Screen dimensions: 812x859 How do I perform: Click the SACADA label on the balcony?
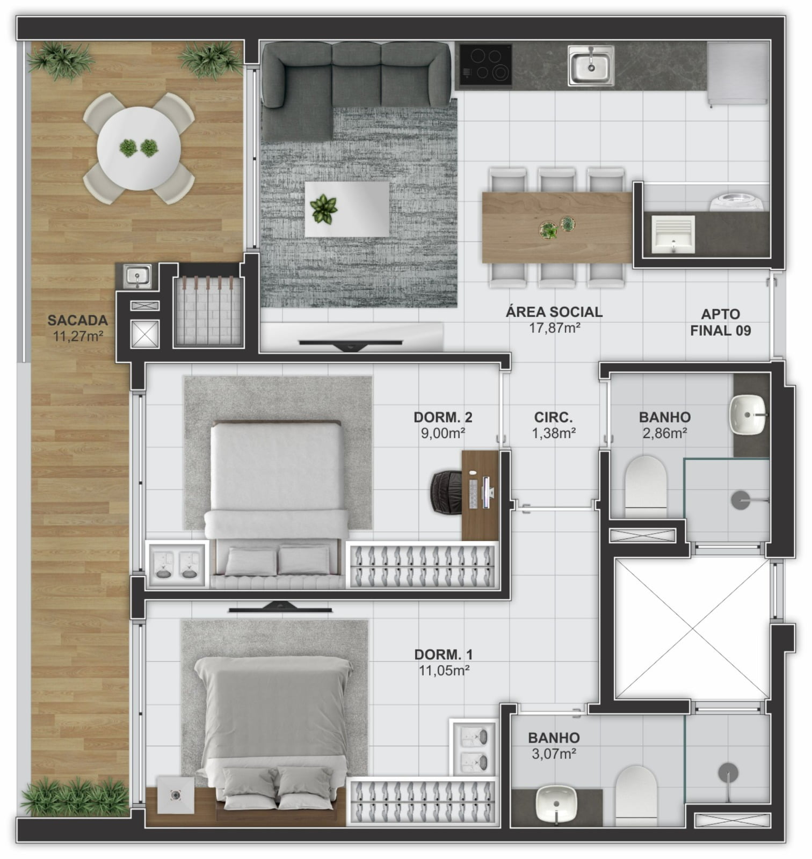click(x=77, y=321)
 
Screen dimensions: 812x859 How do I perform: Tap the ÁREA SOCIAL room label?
click(x=554, y=312)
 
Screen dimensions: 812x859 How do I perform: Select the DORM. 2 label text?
click(x=443, y=417)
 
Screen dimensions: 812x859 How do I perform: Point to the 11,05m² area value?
click(x=444, y=670)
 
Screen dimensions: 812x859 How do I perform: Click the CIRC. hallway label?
click(x=553, y=417)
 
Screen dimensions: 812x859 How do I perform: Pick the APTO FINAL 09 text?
click(x=721, y=322)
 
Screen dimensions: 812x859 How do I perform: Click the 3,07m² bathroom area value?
click(x=554, y=754)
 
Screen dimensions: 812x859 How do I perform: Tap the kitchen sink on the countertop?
click(x=591, y=66)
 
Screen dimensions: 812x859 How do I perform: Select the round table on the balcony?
click(x=139, y=148)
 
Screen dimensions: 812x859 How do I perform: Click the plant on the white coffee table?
click(x=324, y=209)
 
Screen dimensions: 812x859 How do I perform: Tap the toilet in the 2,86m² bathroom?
click(x=646, y=484)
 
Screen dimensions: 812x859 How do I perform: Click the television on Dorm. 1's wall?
click(x=280, y=608)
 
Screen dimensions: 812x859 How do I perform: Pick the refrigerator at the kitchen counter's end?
click(x=738, y=74)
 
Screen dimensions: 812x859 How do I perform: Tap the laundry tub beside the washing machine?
click(x=673, y=235)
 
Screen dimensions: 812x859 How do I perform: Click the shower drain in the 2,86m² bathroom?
click(x=741, y=500)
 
